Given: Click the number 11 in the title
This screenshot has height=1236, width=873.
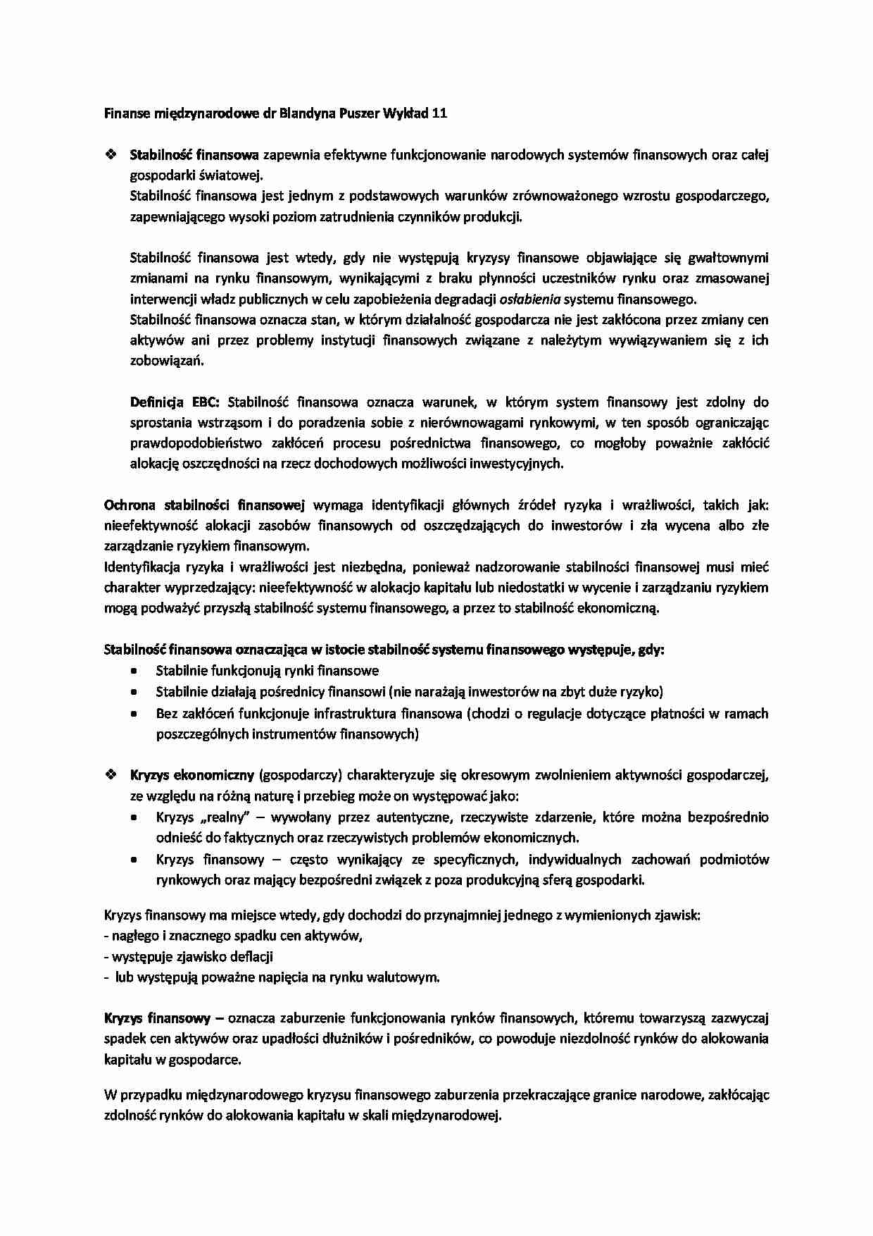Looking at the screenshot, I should (439, 113).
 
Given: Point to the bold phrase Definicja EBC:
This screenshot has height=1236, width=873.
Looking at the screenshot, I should (175, 402).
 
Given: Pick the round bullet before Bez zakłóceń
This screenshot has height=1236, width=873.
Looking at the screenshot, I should (134, 714).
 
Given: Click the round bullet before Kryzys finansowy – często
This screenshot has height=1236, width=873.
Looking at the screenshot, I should (134, 860).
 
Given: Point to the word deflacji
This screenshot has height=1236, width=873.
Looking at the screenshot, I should (250, 957).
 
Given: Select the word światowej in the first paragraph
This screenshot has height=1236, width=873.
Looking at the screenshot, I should (233, 175).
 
